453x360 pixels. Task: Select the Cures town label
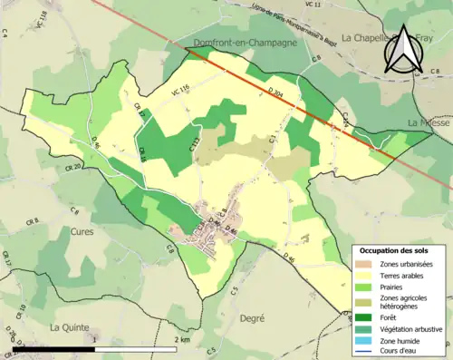coord(82,231)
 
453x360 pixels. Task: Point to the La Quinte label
coord(69,326)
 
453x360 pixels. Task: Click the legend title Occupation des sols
coord(396,250)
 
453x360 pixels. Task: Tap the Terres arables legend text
coord(405,276)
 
